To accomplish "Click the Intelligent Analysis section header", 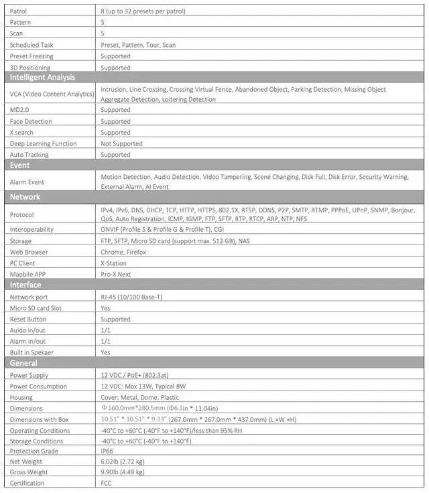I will tap(42, 78).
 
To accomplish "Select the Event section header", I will tap(20, 165).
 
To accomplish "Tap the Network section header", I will tap(25, 197).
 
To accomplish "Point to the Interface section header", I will tap(25, 285).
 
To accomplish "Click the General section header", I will tap(23, 363).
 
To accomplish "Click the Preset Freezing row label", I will tap(32, 56).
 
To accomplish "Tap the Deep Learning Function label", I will tap(43, 143).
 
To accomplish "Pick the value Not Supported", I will tap(121, 143).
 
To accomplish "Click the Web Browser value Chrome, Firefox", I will tap(123, 252).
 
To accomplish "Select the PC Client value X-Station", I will tap(113, 263).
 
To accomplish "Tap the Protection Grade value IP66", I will tap(107, 451).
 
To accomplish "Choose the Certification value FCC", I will tap(107, 483).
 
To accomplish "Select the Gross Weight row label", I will tap(29, 472).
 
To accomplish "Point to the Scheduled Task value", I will tap(138, 45).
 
